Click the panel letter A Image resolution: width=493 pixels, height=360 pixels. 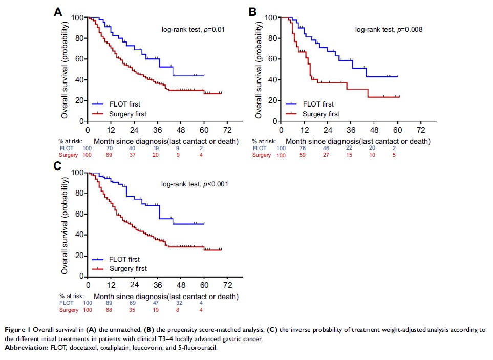pyautogui.click(x=59, y=13)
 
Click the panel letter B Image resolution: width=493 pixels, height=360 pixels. pyautogui.click(x=252, y=11)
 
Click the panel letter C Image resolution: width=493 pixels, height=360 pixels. pyautogui.click(x=58, y=165)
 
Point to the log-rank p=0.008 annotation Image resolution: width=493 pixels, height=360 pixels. pyautogui.click(x=389, y=30)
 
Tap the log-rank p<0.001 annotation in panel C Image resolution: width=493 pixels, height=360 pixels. pyautogui.click(x=194, y=184)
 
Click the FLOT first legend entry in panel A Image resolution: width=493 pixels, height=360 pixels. pyautogui.click(x=122, y=104)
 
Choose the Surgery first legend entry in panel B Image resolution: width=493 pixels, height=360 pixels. pyautogui.click(x=318, y=114)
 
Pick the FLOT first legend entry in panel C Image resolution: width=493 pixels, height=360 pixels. pyautogui.click(x=122, y=259)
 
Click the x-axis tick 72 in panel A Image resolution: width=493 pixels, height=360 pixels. pyautogui.click(x=227, y=129)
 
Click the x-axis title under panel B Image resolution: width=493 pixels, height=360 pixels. pyautogui.click(x=358, y=141)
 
